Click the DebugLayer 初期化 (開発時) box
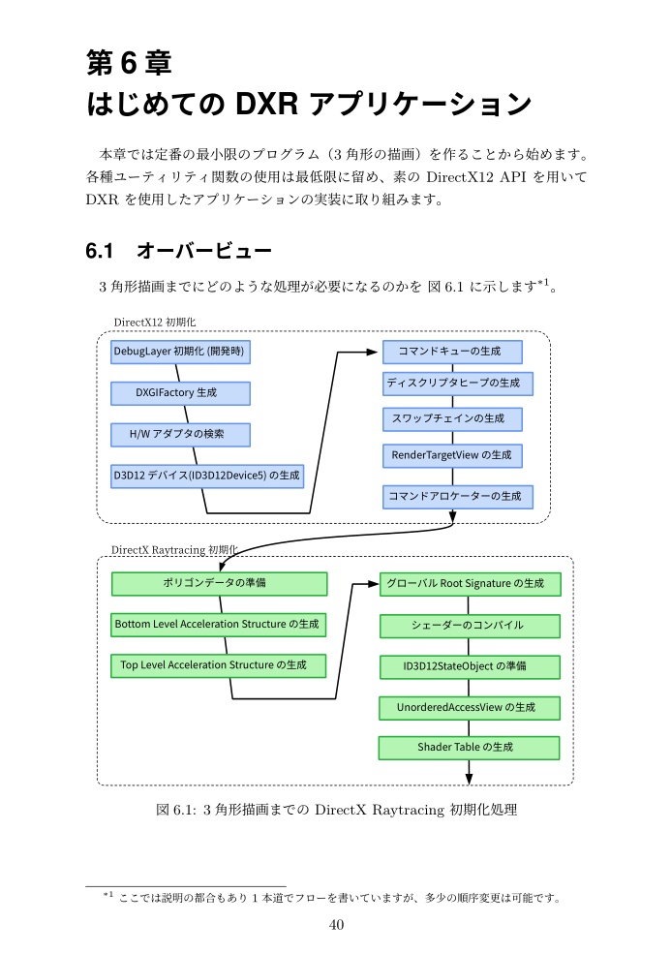[x=180, y=352]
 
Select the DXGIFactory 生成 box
[x=180, y=393]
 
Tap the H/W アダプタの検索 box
[x=180, y=435]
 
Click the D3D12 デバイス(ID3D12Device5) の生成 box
[x=206, y=476]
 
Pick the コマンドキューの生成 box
[x=452, y=352]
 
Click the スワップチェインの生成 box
[x=452, y=418]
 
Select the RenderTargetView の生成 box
[x=452, y=454]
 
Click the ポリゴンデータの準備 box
[x=219, y=584]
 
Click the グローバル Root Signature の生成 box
[x=470, y=584]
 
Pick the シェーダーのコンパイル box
[x=470, y=626]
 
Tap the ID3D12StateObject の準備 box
[x=470, y=666]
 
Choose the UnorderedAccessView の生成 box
[x=470, y=708]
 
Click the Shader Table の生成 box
[x=470, y=748]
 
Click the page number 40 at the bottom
[x=336, y=925]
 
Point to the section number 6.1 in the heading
[x=100, y=252]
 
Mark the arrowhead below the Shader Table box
[x=470, y=778]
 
